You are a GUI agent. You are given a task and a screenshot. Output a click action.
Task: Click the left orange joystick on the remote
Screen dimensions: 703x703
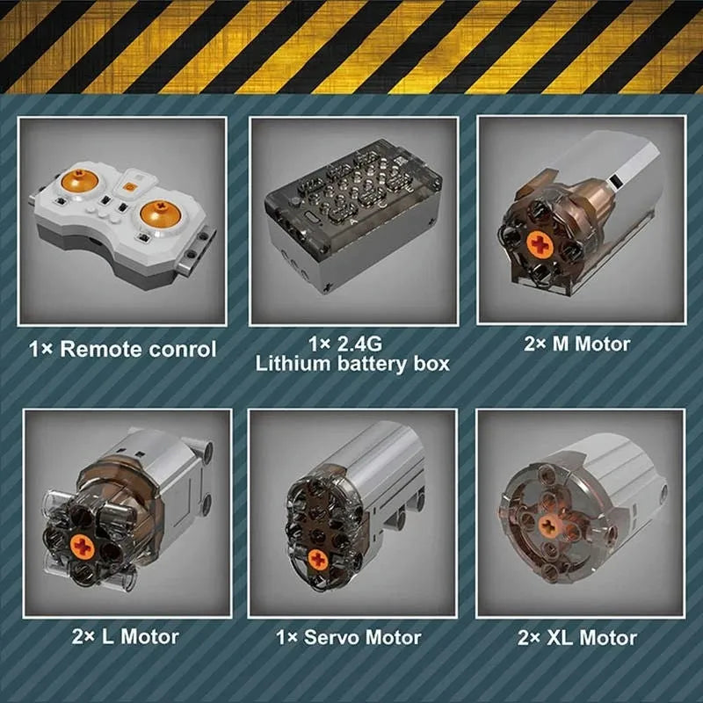[x=80, y=180]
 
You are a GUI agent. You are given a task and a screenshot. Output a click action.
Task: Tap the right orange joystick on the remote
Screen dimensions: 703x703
[x=160, y=213]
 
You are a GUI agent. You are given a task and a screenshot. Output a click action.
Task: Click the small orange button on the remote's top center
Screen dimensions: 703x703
[x=129, y=187]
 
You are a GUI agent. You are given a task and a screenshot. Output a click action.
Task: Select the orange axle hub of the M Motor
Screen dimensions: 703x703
[x=540, y=244]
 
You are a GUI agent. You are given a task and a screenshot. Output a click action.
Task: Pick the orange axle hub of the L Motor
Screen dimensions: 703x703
[x=83, y=547]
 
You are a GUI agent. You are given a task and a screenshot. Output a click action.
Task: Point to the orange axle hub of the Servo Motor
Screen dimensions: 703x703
[x=318, y=559]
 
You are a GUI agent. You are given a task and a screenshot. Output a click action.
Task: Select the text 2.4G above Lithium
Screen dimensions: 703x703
[x=359, y=344]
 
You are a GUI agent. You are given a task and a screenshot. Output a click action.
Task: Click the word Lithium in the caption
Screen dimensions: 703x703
[x=293, y=363]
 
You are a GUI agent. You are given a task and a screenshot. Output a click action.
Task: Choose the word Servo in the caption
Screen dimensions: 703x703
[x=332, y=637]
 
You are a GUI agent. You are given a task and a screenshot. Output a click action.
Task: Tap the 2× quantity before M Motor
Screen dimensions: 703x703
[x=535, y=344]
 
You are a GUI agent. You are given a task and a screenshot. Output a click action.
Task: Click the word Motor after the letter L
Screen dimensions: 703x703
[x=149, y=636]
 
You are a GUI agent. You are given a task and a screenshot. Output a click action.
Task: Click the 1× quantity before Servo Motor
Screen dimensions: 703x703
[x=287, y=637]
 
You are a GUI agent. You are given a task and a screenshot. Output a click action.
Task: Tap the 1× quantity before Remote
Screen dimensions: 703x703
[x=40, y=349]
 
